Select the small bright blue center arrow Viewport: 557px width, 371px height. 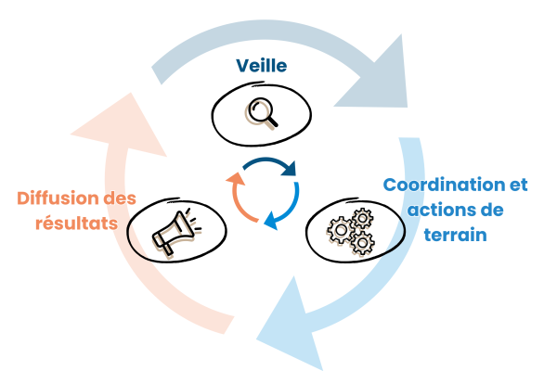pos(283,208)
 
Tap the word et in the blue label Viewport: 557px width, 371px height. pos(516,185)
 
